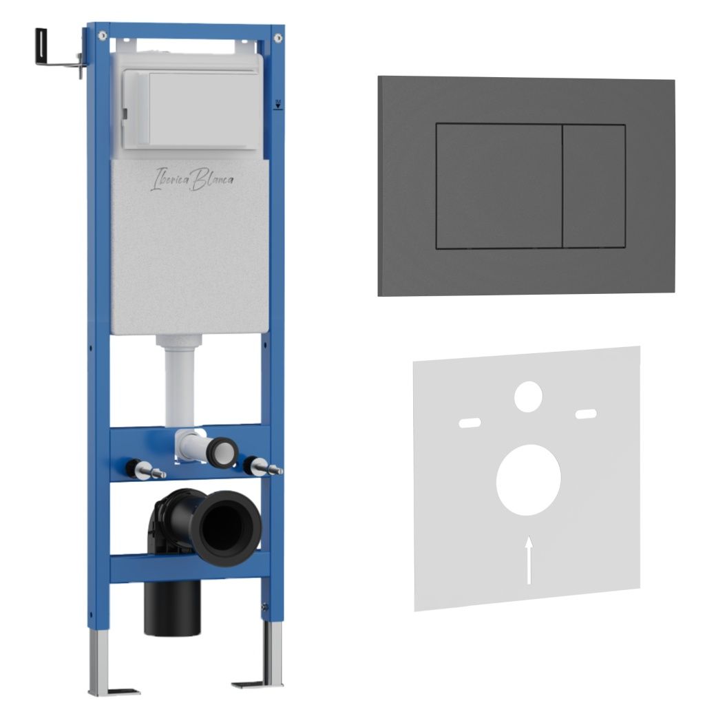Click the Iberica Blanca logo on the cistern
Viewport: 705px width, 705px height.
(x=191, y=179)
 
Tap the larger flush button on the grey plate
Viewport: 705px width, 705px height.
(x=499, y=185)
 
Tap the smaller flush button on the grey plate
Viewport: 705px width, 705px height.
(x=594, y=186)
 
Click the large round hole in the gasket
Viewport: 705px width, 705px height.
(x=528, y=480)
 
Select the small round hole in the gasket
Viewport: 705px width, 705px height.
(x=528, y=397)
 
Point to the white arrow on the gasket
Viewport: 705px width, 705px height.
(x=529, y=560)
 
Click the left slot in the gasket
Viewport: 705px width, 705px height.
(x=470, y=423)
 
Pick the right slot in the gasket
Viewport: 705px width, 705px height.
(x=587, y=414)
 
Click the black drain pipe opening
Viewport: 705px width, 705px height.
(x=226, y=527)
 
